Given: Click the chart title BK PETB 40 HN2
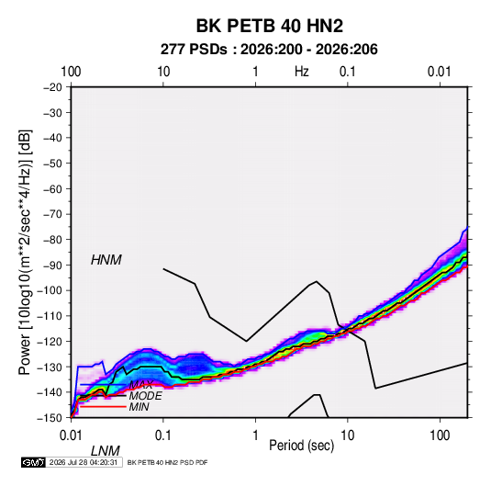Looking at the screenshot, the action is (x=269, y=26).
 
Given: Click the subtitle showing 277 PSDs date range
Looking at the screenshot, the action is (x=269, y=50).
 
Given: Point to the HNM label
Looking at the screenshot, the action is (x=106, y=260).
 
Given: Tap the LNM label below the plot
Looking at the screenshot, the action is (x=106, y=451).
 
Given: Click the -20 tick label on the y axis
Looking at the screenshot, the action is (x=52, y=87).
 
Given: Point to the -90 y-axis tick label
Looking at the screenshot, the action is (x=52, y=266).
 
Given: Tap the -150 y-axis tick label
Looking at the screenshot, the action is (x=50, y=418).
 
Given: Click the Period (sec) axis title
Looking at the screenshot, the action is (x=302, y=446).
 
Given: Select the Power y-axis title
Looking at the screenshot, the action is (x=25, y=253).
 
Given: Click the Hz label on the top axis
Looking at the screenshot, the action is (x=302, y=72).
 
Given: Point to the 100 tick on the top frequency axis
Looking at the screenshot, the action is (x=71, y=72).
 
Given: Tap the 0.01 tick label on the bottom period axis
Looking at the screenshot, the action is (x=71, y=435).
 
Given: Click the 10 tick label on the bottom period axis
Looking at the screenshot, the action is (x=347, y=435).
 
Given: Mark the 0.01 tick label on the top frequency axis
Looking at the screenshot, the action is (x=440, y=72).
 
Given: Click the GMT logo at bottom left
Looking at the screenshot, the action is (x=34, y=462).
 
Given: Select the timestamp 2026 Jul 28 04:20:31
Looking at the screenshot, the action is (x=84, y=462).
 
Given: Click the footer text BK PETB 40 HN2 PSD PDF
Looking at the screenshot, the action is (x=168, y=462).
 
